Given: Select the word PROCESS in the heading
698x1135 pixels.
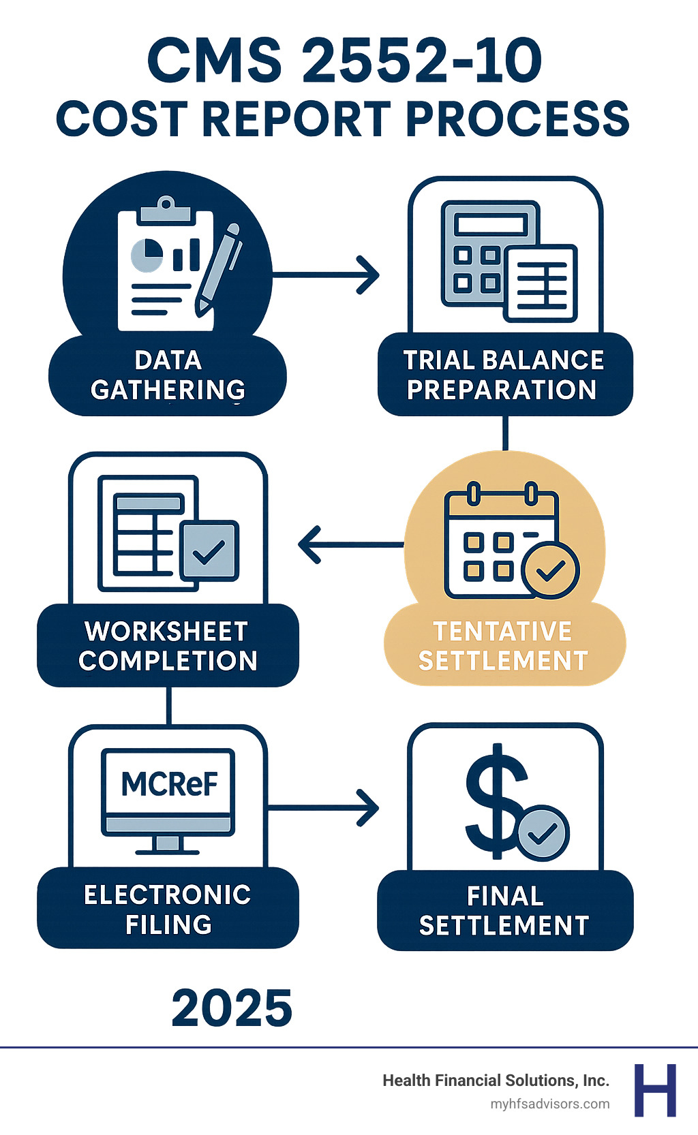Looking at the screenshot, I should [x=517, y=119].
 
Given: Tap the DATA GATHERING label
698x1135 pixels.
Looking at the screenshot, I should [x=168, y=375].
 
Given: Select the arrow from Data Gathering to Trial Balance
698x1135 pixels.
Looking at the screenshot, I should [x=326, y=275].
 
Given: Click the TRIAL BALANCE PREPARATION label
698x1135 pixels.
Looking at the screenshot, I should [x=504, y=375].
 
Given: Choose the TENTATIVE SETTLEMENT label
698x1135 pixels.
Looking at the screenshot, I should [x=503, y=646].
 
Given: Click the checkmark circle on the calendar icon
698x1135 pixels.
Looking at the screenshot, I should [x=551, y=571].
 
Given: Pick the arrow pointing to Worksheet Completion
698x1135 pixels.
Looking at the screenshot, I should [x=350, y=544].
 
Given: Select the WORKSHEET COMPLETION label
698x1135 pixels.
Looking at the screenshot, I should [x=168, y=646].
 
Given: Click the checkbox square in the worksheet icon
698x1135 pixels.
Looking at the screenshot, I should [x=210, y=550].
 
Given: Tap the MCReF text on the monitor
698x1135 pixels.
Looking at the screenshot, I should [x=169, y=784].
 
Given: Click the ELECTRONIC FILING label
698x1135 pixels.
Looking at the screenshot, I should [x=168, y=909].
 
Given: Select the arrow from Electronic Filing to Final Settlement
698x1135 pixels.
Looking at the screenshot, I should [x=323, y=808].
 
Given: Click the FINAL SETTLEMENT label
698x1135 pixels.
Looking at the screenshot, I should [x=504, y=911].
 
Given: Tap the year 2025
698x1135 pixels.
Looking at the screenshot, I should [x=232, y=1008].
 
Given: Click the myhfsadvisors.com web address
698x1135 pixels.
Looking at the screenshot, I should [x=550, y=1104].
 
